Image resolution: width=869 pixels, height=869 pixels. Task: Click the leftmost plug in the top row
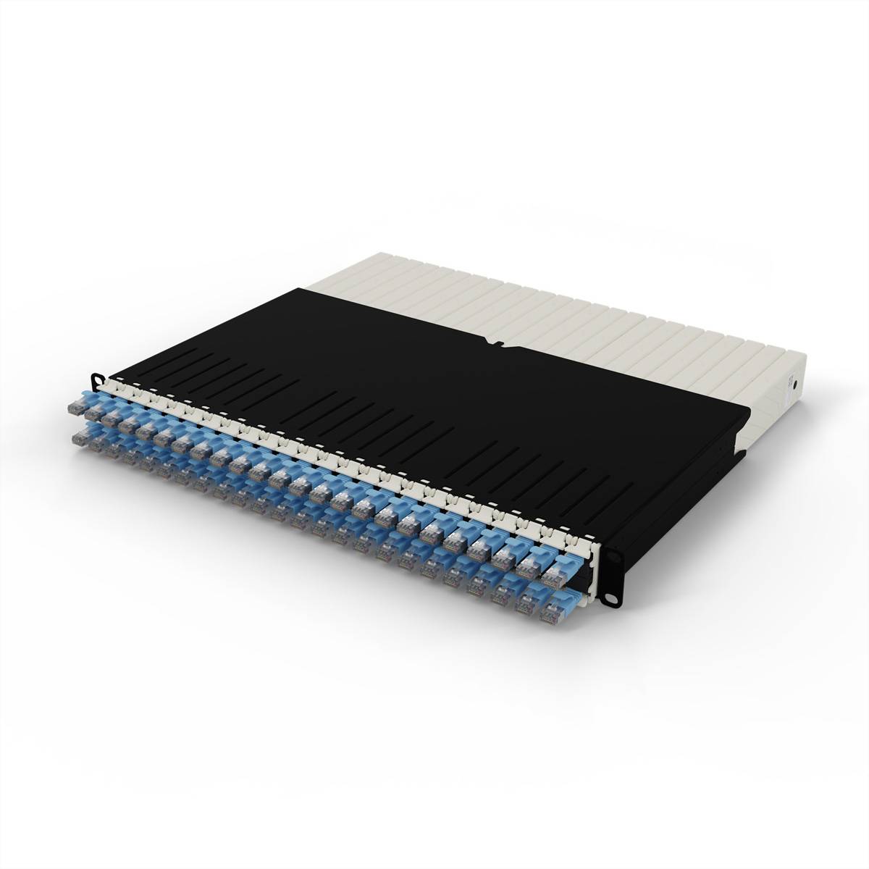click(77, 407)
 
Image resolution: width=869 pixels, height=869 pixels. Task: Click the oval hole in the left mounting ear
click(96, 379)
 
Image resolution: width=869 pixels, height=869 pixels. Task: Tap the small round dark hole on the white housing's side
click(796, 384)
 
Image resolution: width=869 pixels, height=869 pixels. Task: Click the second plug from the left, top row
click(95, 413)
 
